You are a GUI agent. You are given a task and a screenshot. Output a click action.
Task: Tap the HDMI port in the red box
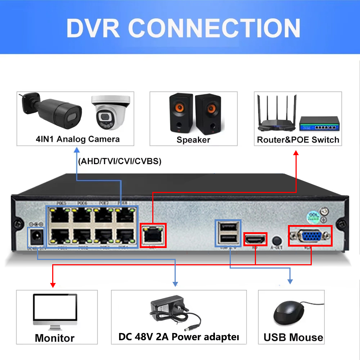pos(256,239)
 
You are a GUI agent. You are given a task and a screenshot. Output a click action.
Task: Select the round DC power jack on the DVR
pos(36,237)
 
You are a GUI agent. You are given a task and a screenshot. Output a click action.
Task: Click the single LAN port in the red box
pos(153,236)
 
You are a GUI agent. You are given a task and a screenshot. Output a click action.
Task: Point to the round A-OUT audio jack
pos(276,240)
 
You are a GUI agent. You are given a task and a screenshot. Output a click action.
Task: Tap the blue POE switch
pos(320,124)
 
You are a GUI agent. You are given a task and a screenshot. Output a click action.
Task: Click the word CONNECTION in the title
pos(214,28)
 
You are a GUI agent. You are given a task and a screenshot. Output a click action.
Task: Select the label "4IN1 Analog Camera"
pos(77,139)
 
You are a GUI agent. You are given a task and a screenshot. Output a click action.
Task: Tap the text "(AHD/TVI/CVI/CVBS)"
pos(120,161)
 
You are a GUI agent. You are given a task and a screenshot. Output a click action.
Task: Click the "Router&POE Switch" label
pos(298,140)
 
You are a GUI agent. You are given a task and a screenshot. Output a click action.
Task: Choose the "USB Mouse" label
pos(293,337)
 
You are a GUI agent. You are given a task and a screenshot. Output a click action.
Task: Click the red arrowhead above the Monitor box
pos(53,285)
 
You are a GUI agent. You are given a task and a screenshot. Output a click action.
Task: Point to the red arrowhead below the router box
pos(296,153)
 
